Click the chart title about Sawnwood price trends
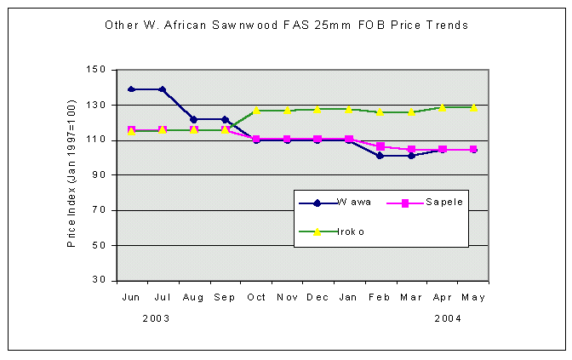[x=286, y=26]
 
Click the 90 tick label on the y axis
[x=100, y=175]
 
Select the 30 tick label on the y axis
[x=100, y=280]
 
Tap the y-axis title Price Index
[x=72, y=174]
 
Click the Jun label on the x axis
[x=132, y=297]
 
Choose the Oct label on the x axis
[x=256, y=297]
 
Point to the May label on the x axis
[x=473, y=297]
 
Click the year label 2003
[x=156, y=317]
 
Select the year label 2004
[x=449, y=317]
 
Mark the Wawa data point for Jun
[x=132, y=89]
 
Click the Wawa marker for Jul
[x=163, y=89]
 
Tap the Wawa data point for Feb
[x=380, y=156]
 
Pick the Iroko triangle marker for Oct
[x=256, y=110]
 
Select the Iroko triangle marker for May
[x=473, y=108]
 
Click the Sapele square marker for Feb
[x=380, y=146]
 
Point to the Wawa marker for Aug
[x=194, y=119]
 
